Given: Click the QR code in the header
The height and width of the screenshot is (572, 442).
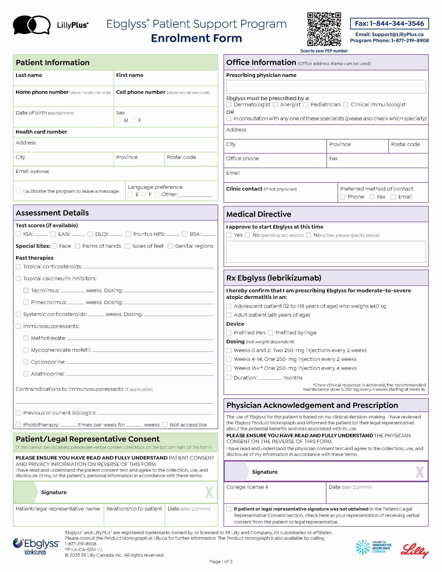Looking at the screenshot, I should (x=324, y=29).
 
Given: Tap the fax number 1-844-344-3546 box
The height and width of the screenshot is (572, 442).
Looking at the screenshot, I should (x=389, y=23).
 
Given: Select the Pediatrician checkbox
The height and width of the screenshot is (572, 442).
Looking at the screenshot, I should (x=306, y=105).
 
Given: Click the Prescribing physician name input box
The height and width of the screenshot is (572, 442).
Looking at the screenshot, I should (x=326, y=87).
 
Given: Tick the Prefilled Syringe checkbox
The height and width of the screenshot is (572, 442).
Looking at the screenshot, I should (x=270, y=333).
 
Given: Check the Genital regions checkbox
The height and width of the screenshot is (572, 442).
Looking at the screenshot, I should (x=170, y=246).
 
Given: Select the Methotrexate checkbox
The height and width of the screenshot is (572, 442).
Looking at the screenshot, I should (x=26, y=338).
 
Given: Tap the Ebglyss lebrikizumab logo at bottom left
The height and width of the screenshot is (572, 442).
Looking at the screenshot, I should (x=36, y=546).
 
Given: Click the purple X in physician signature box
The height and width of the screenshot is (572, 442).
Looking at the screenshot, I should (x=419, y=472).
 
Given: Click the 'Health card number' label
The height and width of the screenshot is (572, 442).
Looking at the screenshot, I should (x=41, y=132).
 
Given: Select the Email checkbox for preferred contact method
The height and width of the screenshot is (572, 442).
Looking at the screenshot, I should (x=393, y=197).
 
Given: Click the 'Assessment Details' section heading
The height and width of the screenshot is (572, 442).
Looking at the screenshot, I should (x=52, y=213).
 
